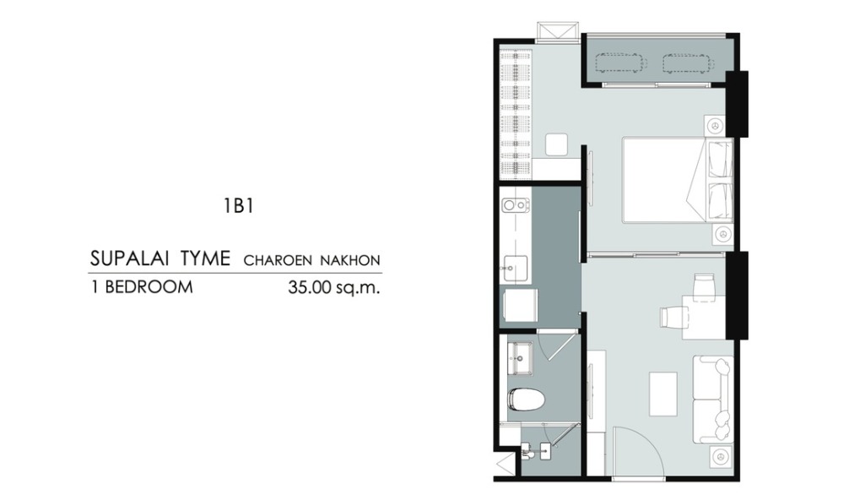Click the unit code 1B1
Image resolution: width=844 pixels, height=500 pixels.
[x=239, y=206]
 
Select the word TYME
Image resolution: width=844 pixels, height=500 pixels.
[x=205, y=258]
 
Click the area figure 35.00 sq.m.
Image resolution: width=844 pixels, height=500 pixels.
[x=333, y=288]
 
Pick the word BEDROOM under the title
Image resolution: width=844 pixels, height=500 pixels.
[x=149, y=287]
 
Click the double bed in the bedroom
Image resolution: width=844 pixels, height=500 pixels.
[x=678, y=180]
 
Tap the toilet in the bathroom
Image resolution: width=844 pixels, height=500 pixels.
[x=526, y=399]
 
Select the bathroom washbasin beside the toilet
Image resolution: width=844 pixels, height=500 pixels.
[x=521, y=356]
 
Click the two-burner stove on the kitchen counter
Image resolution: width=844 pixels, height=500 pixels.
[x=515, y=204]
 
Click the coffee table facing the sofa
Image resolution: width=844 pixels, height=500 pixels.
[x=663, y=394]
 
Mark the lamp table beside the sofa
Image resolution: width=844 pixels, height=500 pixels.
[x=722, y=456]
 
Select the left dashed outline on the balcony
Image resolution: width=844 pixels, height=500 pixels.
[x=619, y=63]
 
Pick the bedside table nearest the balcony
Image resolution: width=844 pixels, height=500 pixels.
[x=716, y=126]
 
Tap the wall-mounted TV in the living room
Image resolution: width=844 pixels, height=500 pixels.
[x=592, y=387]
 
